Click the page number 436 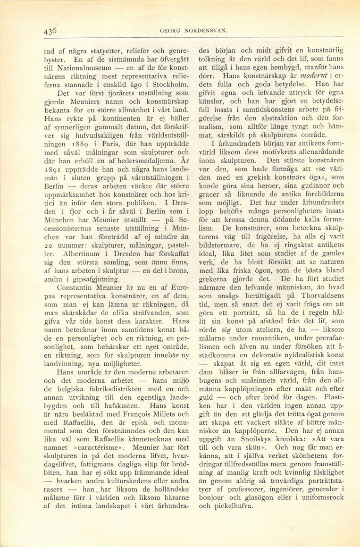coord(50,31)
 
